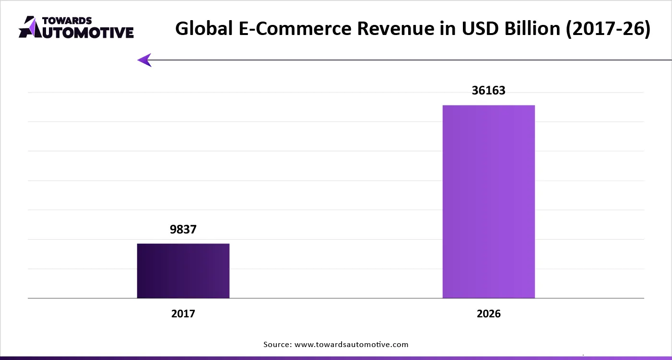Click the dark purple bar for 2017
tap(183, 271)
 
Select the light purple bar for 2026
tap(488, 201)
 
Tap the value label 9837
tap(183, 230)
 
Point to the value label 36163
tap(488, 90)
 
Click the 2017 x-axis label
tap(183, 314)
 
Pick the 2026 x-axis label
tap(488, 314)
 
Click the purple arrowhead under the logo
tap(144, 60)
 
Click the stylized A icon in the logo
tap(29, 27)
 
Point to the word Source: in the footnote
tap(277, 344)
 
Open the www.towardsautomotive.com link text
tap(351, 344)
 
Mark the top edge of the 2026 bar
tap(488, 105)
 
